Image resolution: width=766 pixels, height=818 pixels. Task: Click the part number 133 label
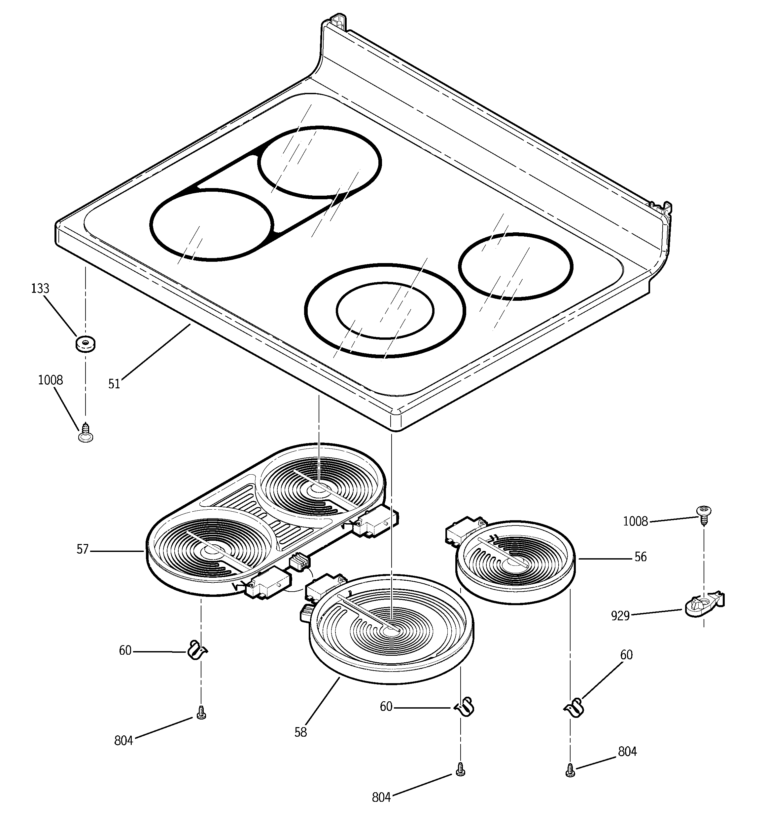(x=40, y=289)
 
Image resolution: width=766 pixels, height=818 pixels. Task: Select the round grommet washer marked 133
(x=85, y=344)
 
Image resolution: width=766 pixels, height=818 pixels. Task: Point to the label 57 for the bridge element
(x=83, y=550)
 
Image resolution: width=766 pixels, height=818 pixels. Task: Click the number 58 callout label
(x=300, y=732)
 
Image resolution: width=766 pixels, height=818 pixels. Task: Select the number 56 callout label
(x=641, y=557)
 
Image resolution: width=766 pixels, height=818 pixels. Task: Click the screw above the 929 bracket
(x=704, y=514)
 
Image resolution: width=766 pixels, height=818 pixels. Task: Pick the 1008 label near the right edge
(x=635, y=522)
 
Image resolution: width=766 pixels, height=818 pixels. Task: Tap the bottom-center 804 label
(x=381, y=798)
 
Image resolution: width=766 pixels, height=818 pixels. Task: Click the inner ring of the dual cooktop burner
(x=384, y=310)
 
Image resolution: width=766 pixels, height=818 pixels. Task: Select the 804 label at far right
(x=627, y=752)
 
